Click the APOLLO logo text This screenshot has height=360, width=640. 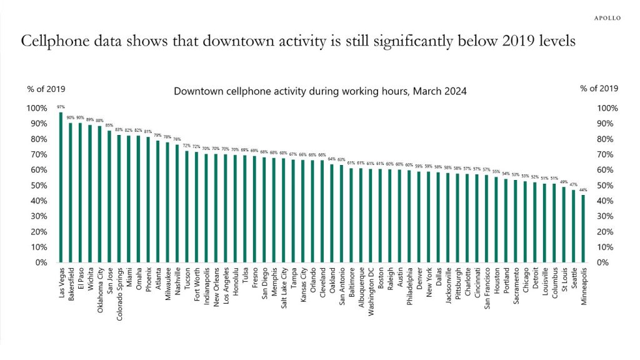607,18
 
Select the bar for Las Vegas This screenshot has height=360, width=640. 61,187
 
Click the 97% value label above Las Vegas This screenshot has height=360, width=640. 61,107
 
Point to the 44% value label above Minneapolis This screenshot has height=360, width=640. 583,190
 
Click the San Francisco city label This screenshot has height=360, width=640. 486,285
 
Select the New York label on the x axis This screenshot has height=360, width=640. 428,282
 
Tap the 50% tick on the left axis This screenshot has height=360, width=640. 36,186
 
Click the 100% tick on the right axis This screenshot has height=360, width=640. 607,108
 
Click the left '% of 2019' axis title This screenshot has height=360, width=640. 46,89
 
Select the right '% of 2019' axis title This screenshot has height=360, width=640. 599,89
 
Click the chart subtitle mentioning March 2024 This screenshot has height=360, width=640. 320,91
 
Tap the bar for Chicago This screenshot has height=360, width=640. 525,222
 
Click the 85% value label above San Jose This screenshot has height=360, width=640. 109,125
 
